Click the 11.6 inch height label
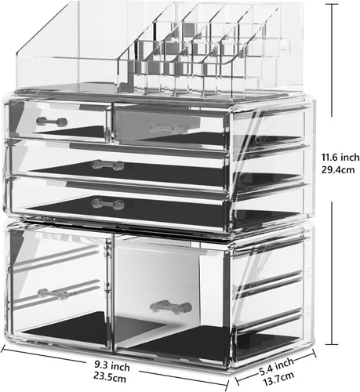click(x=340, y=158)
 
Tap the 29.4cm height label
click(x=338, y=170)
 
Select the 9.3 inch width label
click(x=112, y=366)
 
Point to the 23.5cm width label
click(x=110, y=377)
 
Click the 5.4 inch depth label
click(x=277, y=366)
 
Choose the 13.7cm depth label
click(x=278, y=379)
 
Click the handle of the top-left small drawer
click(x=52, y=122)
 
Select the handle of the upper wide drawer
click(x=107, y=165)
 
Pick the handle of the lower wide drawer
click(x=108, y=204)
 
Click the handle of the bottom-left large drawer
click(x=53, y=294)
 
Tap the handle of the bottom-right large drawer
click(x=171, y=307)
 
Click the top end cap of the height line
click(x=333, y=5)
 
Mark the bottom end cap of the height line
click(x=333, y=344)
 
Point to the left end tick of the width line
click(x=3, y=349)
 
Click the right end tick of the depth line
click(x=315, y=354)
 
